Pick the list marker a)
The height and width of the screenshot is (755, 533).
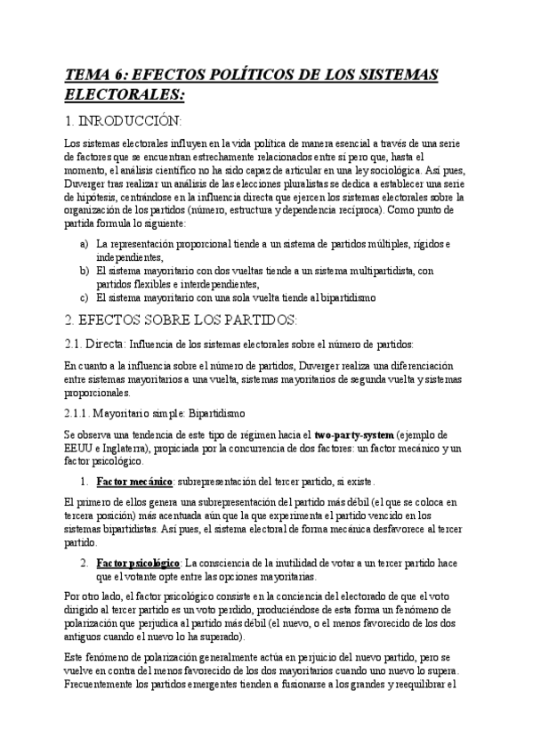[x=83, y=244]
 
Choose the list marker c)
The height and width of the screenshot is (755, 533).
[x=83, y=297]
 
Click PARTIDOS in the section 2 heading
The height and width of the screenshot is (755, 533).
[x=256, y=320]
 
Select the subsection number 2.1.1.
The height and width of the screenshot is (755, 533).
[x=81, y=413]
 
